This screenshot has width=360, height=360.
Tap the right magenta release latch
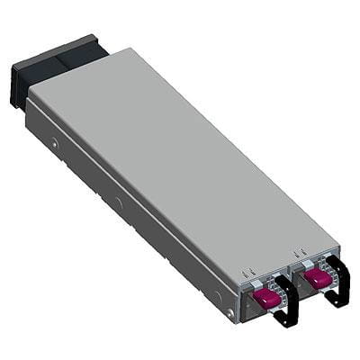[x=317, y=280]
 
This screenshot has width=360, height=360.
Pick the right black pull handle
[x=337, y=281]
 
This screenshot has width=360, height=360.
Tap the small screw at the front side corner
[x=229, y=312]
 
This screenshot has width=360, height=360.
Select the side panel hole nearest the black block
[x=56, y=143]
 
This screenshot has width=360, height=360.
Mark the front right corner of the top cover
[x=337, y=245]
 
